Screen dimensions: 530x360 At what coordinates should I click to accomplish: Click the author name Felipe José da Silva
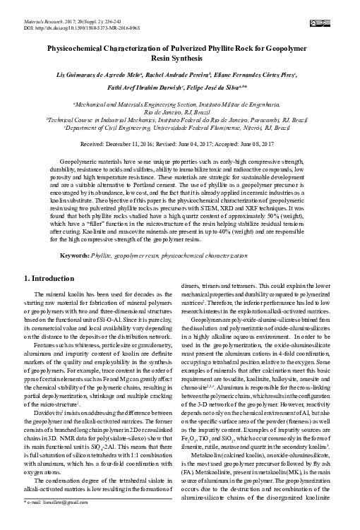(x=236, y=89)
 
